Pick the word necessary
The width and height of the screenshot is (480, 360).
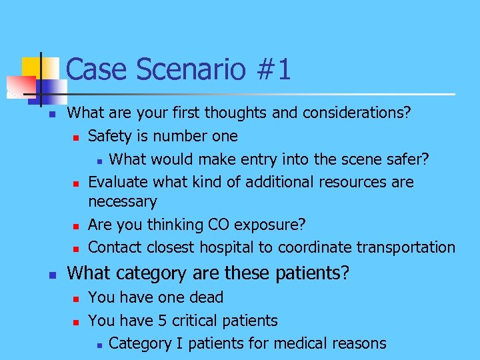(x=122, y=201)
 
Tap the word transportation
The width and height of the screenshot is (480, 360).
(x=405, y=247)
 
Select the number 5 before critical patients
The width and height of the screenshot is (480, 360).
(x=163, y=321)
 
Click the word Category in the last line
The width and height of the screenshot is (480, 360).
(x=139, y=343)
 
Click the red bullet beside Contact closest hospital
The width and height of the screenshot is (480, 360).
(x=76, y=249)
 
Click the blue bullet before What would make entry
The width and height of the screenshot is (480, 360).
(x=97, y=161)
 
